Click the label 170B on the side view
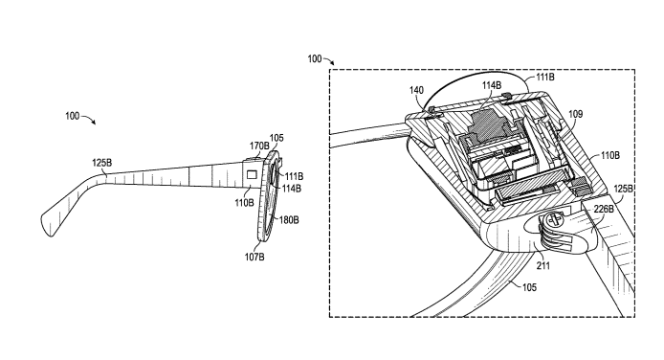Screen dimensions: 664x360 click(259, 146)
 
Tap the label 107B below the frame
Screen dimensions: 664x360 click(255, 257)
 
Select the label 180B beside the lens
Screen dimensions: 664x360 click(289, 220)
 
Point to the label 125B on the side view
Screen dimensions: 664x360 click(102, 163)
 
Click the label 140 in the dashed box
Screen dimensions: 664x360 click(416, 90)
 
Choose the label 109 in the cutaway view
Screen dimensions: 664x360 click(575, 114)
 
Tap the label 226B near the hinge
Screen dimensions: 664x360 click(604, 209)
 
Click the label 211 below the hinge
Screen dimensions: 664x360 click(542, 266)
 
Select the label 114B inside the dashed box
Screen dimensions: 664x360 click(492, 85)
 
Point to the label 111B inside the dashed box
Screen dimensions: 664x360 click(545, 78)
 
